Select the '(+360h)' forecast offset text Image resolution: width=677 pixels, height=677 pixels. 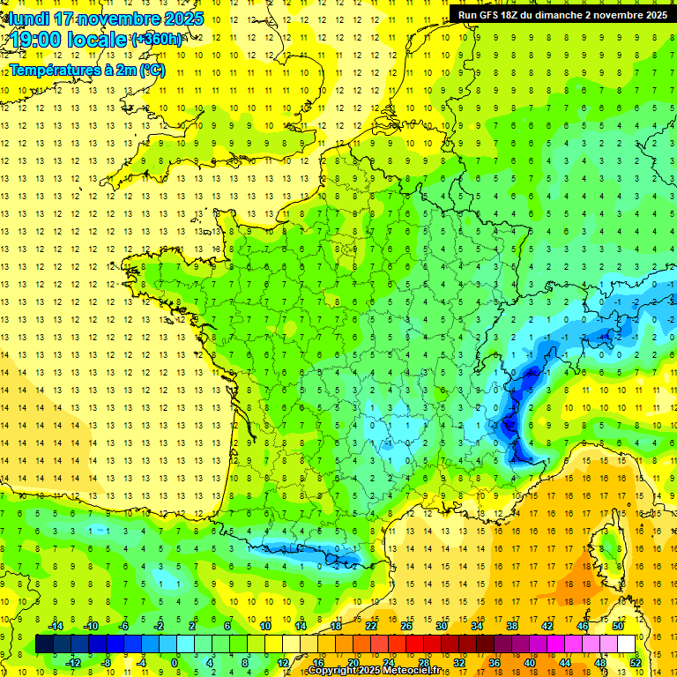pos(158,40)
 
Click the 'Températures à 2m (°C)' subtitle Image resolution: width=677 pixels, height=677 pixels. pos(86,70)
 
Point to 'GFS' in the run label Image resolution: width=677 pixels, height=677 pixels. pos(493,15)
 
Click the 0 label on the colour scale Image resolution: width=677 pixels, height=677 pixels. pos(175,663)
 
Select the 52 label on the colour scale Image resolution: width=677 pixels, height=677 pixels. pos(635,663)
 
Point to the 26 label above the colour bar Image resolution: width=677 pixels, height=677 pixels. pos(406,626)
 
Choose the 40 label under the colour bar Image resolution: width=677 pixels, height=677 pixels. pos(529,663)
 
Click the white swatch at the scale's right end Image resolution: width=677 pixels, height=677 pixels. pos(626,644)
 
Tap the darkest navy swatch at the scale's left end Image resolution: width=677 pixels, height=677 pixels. pos(44,644)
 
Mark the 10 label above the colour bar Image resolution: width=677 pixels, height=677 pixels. pos(265,626)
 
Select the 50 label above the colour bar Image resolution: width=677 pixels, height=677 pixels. pos(617,626)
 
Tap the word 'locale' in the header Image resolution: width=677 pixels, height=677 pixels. pos(100,41)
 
